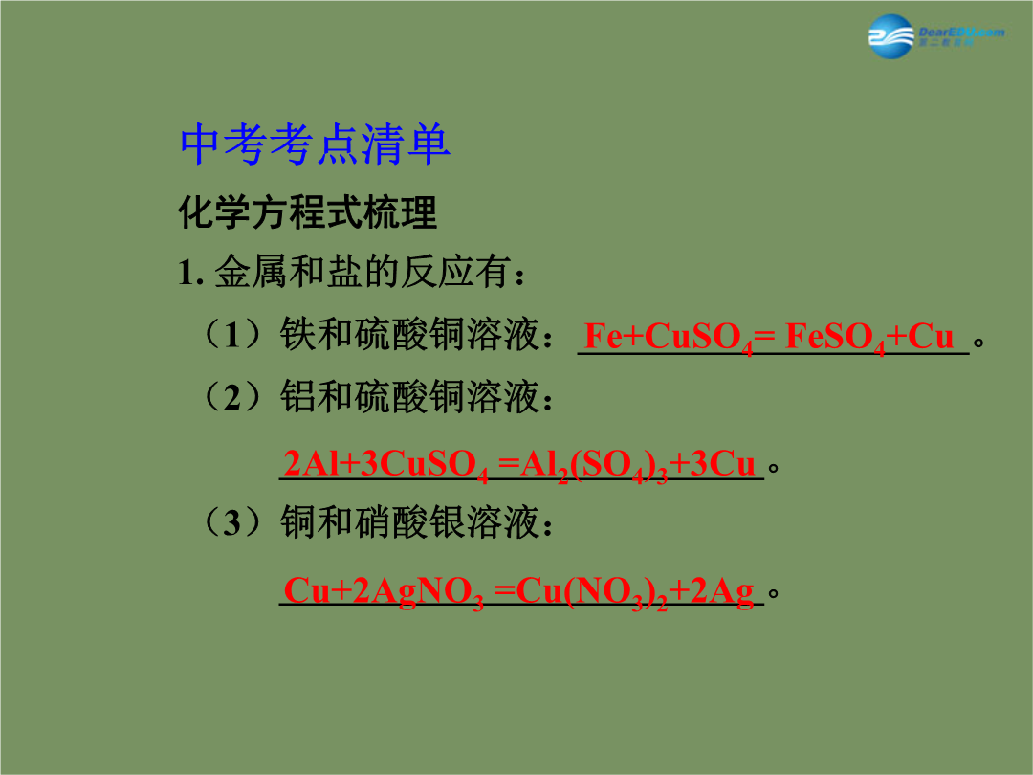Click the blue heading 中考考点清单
(x=315, y=144)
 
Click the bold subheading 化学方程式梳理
(x=308, y=212)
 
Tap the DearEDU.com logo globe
(x=891, y=36)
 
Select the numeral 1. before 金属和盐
(x=191, y=272)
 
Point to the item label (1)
(x=232, y=334)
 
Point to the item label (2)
(x=232, y=397)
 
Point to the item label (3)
(x=232, y=522)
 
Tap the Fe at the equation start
(x=604, y=336)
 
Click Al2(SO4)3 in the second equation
(x=594, y=465)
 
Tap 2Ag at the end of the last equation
(x=721, y=591)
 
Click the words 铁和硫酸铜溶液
(x=409, y=334)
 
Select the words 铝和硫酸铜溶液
(x=409, y=397)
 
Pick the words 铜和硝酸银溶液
(x=409, y=522)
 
